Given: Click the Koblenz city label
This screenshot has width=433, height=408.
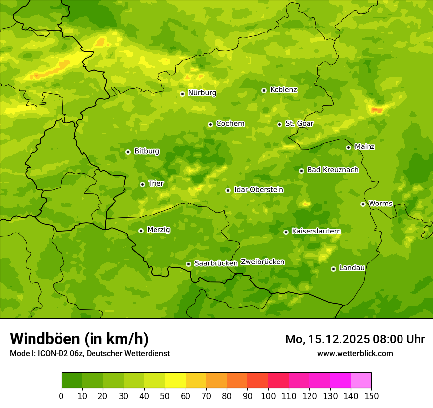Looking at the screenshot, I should pos(283,90).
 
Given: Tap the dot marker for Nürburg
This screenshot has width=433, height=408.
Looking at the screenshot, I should pos(182,94).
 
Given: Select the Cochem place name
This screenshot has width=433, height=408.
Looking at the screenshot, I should pos(230,124).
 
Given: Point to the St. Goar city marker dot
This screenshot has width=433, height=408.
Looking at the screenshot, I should pos(279,124).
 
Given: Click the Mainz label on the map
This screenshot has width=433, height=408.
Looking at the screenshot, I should pos(365,147).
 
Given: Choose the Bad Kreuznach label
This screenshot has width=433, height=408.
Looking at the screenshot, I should pos(333,170).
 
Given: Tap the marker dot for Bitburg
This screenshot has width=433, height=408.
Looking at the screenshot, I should pos(128,152).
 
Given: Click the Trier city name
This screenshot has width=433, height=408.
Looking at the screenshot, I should pos(156,184).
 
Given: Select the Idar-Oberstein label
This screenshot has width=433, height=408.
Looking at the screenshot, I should pos(259,190).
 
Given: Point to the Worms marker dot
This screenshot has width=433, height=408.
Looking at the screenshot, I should pos(363,204).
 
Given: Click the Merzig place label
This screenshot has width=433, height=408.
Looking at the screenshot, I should pos(158,230).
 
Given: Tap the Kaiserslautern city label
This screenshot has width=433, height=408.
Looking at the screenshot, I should pos(316,231).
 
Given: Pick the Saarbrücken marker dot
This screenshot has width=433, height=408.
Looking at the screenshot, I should pos(188,264).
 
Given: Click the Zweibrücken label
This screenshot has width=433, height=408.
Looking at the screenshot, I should pos(262,262).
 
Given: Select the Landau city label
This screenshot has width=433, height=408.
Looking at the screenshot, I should pos(352,268).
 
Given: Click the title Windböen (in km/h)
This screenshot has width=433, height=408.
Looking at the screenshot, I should pos(79,339).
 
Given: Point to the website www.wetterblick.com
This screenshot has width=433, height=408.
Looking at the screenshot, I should pos(355,353).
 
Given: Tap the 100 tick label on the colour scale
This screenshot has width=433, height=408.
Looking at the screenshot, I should pos(268,396).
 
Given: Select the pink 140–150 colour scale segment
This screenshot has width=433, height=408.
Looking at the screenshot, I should pos(361,380).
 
